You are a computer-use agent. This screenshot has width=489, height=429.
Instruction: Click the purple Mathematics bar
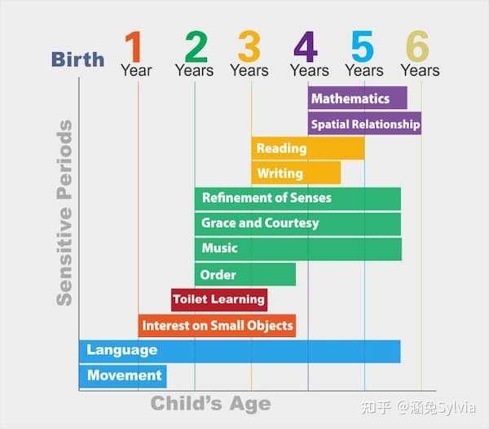358,98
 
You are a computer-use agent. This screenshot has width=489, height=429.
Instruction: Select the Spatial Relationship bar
364,124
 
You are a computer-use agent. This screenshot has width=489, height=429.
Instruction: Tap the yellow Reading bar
308,148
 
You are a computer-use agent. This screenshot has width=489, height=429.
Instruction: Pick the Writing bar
296,173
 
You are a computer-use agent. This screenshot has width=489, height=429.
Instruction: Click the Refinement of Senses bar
297,199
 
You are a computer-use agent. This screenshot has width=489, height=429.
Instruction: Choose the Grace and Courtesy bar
297,224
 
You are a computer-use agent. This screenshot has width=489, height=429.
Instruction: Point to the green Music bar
298,249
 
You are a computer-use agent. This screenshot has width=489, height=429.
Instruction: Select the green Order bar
245,274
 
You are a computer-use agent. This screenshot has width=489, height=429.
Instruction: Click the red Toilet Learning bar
219,300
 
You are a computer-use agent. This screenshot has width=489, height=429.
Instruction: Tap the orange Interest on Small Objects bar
217,326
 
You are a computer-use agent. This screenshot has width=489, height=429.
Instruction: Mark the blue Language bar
240,352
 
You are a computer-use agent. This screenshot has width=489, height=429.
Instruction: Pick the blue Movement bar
123,377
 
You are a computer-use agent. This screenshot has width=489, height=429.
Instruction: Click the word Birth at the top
77,59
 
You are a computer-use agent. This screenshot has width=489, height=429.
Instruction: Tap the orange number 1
134,46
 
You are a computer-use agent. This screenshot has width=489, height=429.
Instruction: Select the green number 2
196,46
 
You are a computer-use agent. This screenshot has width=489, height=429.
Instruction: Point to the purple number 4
306,46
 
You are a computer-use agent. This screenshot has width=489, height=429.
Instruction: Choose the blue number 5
363,46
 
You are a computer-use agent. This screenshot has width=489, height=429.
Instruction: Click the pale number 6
417,46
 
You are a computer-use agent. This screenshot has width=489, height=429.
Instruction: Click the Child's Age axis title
211,404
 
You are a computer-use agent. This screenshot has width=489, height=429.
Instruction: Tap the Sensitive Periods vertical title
64,212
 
